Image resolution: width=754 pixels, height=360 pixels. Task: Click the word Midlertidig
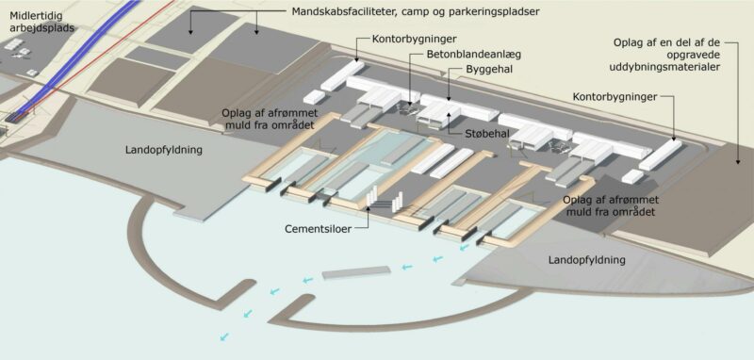[36, 16]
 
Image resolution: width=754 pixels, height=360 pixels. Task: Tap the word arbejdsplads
[41, 28]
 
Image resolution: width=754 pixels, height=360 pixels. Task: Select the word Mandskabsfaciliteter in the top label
[340, 11]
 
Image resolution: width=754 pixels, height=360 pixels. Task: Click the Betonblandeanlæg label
[474, 54]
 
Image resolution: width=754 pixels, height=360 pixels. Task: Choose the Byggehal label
[488, 69]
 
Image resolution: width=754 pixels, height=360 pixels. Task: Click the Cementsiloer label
[318, 229]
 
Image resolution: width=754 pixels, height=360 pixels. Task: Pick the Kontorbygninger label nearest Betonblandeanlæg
[414, 39]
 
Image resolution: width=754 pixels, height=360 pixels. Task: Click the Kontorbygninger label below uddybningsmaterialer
[615, 98]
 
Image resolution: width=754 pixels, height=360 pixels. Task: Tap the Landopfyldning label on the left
[164, 150]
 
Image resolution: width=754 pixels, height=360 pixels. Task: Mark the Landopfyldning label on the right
[586, 260]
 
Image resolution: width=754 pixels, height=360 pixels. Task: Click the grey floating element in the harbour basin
[356, 272]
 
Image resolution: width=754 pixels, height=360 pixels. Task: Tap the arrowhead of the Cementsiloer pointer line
[369, 207]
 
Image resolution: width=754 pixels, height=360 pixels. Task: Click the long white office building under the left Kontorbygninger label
[342, 75]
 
